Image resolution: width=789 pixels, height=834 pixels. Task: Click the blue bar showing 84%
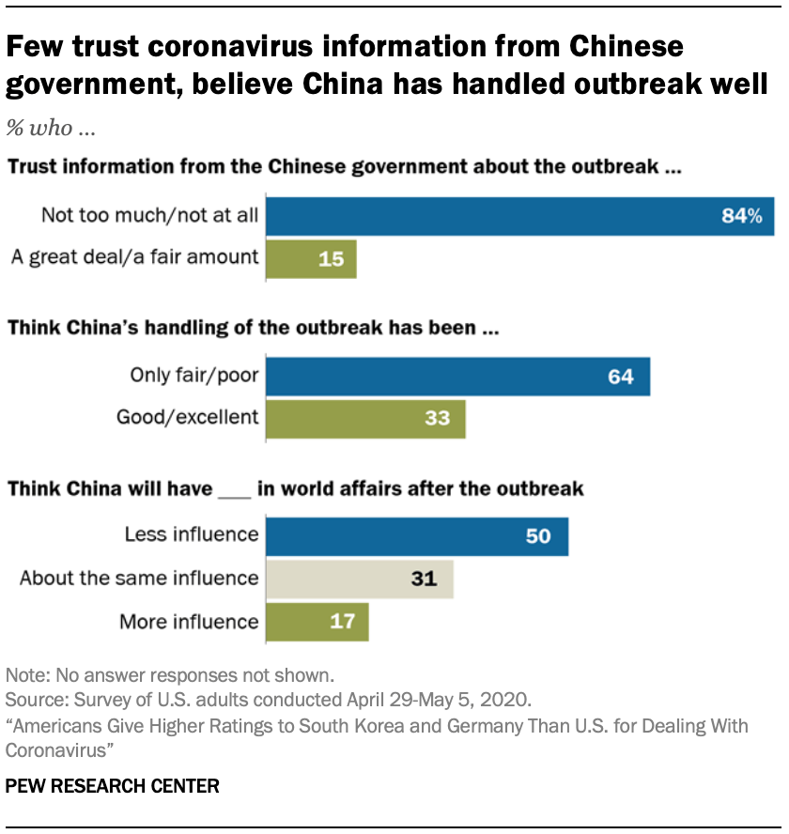point(520,216)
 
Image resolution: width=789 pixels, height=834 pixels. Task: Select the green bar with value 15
point(311,258)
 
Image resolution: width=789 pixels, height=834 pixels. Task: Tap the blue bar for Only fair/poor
point(457,377)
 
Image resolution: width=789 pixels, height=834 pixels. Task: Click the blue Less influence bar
point(417,536)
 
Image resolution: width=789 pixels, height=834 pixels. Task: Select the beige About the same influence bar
point(360,579)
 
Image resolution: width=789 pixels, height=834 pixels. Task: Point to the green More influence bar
point(317,622)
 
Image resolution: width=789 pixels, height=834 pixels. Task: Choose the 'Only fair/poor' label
point(194,377)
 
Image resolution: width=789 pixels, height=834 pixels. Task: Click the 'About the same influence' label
point(138,579)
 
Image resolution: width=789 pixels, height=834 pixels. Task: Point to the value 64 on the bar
point(620,378)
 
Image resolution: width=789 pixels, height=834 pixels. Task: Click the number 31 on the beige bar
point(425,579)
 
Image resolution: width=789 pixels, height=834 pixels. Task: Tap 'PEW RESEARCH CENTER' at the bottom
point(113,786)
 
